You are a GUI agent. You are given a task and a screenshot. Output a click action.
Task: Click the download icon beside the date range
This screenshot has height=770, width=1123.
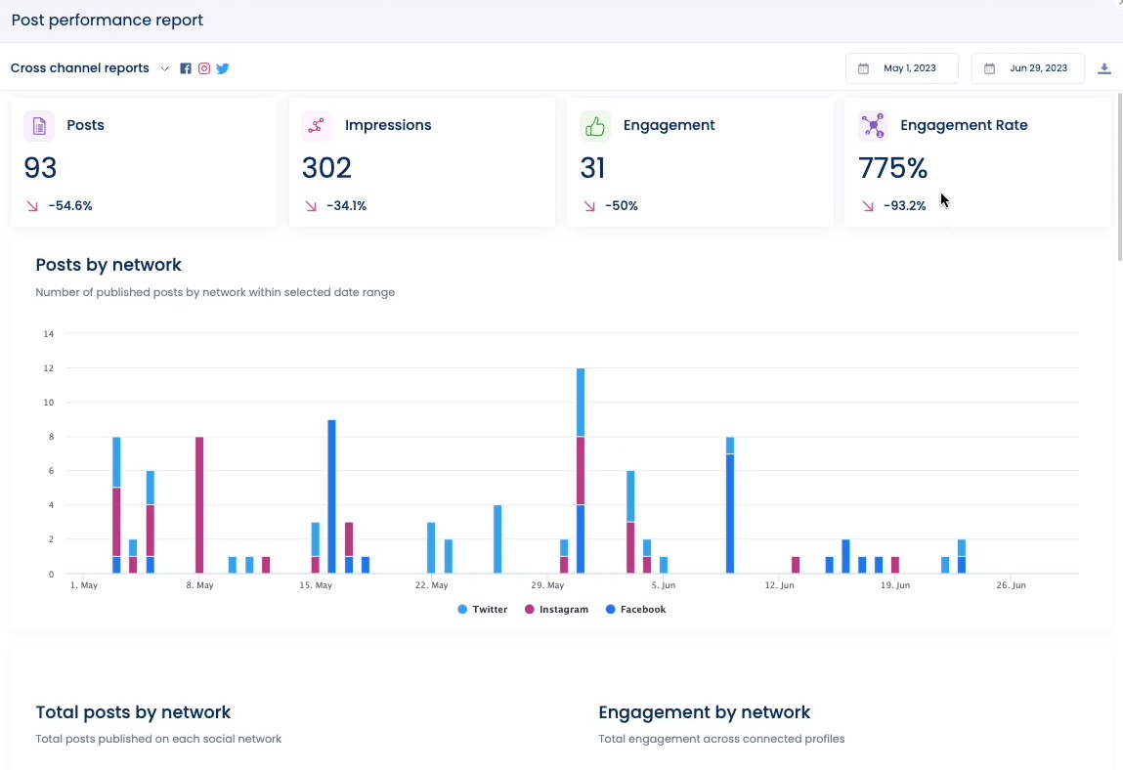click(x=1104, y=68)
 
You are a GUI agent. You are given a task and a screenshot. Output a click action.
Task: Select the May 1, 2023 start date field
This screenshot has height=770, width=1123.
click(x=901, y=68)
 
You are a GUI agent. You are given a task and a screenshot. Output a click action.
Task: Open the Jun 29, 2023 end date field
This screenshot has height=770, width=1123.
click(x=1027, y=68)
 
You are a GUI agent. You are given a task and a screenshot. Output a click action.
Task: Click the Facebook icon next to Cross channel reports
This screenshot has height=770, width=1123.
click(x=186, y=68)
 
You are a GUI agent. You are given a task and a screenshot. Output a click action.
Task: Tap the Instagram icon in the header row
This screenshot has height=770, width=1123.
click(x=204, y=68)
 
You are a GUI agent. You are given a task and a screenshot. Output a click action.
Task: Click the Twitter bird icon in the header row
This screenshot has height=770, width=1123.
click(x=223, y=68)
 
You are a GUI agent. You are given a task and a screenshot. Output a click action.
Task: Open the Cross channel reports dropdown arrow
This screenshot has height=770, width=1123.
click(x=164, y=68)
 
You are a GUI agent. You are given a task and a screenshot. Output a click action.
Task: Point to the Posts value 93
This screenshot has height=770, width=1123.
click(x=41, y=168)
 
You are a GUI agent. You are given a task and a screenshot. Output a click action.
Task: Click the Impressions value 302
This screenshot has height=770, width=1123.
click(x=326, y=168)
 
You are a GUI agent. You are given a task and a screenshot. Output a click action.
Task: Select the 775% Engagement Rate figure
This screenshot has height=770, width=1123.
click(x=892, y=168)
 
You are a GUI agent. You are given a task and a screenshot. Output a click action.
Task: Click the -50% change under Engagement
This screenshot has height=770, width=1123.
click(x=621, y=206)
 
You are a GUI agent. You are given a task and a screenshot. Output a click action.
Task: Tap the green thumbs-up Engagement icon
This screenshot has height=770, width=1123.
click(x=594, y=126)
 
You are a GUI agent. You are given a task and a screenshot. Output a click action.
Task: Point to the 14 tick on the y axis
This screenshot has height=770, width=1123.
click(x=48, y=334)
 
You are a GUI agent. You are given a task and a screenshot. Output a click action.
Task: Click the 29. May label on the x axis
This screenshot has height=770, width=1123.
click(x=547, y=585)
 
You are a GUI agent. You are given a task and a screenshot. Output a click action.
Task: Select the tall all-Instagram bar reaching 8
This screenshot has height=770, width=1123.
click(x=199, y=504)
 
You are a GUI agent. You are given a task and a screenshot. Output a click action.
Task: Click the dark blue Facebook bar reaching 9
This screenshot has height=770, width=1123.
click(x=331, y=496)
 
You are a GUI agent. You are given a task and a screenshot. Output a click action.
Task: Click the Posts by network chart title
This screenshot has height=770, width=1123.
click(x=108, y=265)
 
